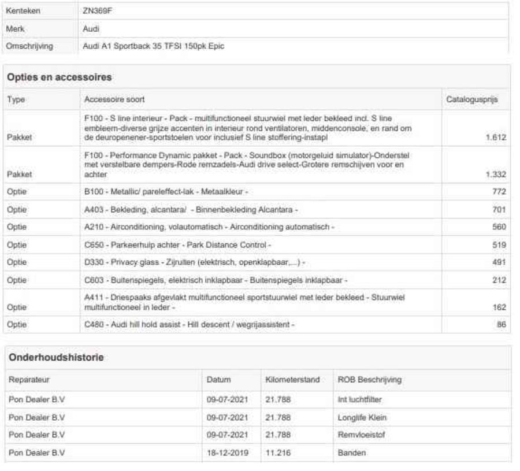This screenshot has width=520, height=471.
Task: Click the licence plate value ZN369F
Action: point(96,10)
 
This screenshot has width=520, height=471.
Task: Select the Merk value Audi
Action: point(91,28)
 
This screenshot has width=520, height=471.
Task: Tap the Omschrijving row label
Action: point(29,46)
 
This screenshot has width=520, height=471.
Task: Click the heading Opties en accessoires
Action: point(60,77)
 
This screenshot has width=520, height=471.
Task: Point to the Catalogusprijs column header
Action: point(471,100)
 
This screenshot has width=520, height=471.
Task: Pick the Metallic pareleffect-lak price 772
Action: point(499,191)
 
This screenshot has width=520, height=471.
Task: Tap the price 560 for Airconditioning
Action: point(499,227)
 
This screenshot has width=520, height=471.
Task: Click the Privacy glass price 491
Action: point(499,263)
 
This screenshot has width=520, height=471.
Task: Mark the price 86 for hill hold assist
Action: point(501,325)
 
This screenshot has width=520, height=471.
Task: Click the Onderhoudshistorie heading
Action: point(56,358)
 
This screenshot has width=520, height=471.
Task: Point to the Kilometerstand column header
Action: point(292,380)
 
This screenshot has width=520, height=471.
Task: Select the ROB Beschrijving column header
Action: point(369,380)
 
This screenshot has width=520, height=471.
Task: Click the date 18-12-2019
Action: point(227,453)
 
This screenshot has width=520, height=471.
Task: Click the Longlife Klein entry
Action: point(362,417)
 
